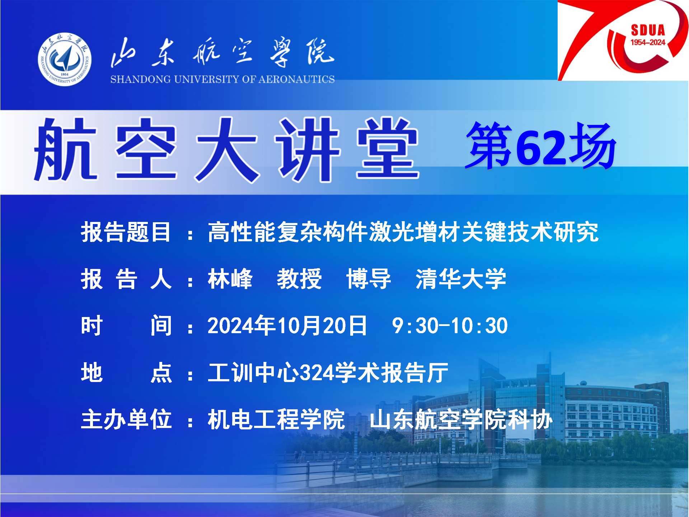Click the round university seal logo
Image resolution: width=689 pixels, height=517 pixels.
tap(65, 60)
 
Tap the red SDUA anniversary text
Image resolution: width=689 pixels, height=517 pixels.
tap(648, 30)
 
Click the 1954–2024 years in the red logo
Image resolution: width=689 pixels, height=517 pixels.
tap(648, 42)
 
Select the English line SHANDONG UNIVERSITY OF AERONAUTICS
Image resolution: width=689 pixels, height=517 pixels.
tap(222, 79)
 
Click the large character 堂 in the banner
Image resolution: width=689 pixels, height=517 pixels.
tap(388, 149)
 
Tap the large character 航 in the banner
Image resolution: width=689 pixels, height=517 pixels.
tap(66, 149)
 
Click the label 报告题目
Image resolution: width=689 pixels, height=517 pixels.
tap(126, 232)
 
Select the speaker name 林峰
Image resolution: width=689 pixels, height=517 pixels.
tap(230, 279)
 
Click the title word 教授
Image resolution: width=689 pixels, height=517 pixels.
tap(300, 279)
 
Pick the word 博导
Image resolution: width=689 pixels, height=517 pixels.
tap(369, 279)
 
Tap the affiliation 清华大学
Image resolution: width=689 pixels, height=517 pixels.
tap(461, 279)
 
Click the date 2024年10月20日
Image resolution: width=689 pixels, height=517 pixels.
tap(287, 326)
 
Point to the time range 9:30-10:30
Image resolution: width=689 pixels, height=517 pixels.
tap(450, 326)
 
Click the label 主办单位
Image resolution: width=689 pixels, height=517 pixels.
tap(126, 419)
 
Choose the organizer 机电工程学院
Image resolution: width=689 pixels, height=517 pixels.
tap(276, 419)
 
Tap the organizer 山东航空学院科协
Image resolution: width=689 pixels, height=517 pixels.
tap(461, 419)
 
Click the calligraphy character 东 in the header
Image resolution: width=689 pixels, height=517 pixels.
tap(163, 52)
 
